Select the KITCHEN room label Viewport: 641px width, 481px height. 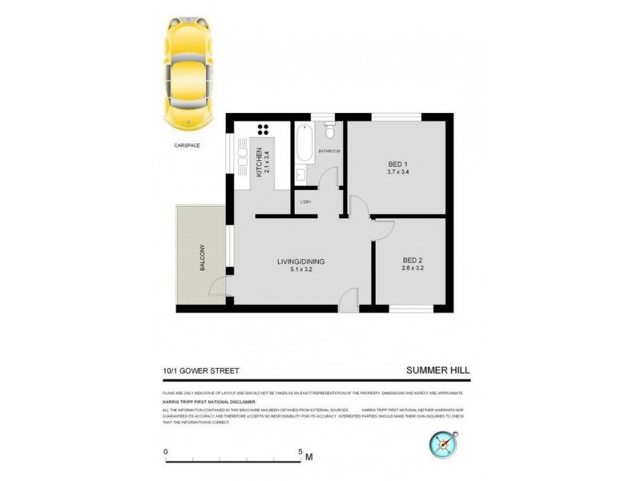[x=259, y=162]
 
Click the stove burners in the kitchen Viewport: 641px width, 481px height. [x=264, y=130]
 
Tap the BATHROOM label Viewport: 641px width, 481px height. [x=329, y=152]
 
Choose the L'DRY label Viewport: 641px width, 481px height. [x=306, y=201]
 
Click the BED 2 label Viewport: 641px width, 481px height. [x=413, y=261]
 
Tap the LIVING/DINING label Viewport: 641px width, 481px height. [x=300, y=261]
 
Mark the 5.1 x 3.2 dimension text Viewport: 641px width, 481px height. [x=300, y=271]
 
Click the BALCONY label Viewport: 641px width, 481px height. [x=204, y=258]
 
